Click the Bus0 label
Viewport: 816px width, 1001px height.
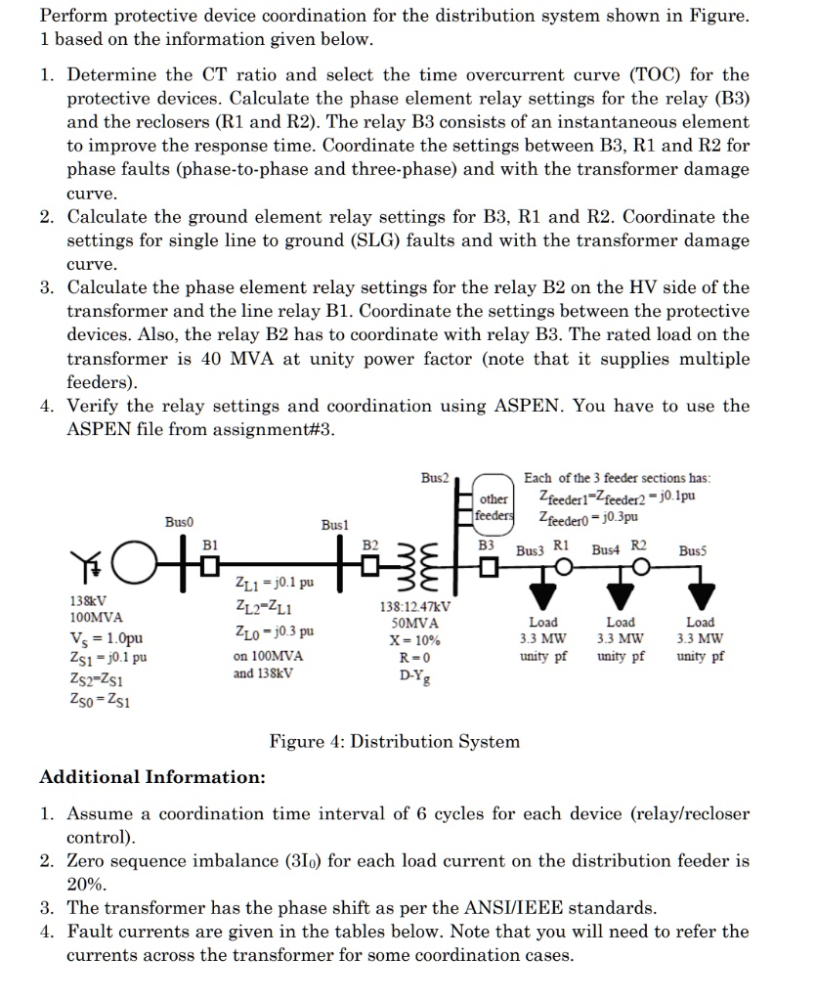(x=179, y=522)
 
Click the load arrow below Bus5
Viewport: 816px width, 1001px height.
(x=700, y=592)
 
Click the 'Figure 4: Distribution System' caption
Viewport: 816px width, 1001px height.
(x=395, y=741)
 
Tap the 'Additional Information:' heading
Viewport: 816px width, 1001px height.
(x=151, y=776)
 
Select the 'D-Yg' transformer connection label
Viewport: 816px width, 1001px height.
(x=414, y=674)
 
